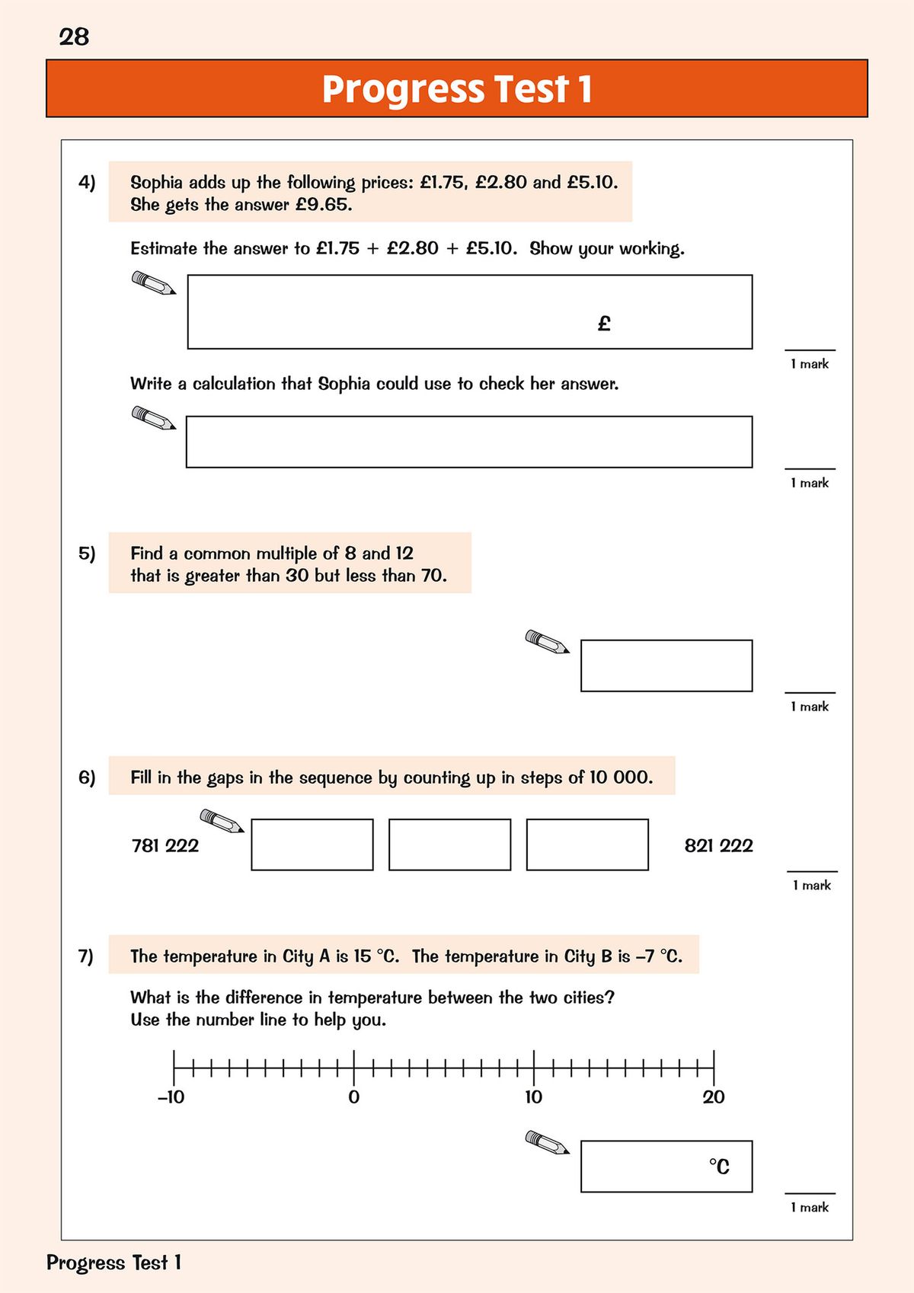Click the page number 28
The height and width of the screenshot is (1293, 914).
74,37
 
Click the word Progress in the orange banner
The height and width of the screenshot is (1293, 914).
403,89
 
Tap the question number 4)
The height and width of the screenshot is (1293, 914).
87,182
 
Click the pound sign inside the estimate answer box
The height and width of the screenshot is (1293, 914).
604,324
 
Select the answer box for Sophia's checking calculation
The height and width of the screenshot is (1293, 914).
468,442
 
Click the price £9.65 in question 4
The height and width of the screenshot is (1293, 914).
323,205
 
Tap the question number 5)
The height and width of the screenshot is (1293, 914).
87,553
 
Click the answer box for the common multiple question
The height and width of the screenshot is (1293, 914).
666,666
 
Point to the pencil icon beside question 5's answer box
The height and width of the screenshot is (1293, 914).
547,642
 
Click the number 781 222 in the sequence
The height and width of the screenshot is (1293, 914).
165,845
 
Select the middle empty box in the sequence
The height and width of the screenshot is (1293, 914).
449,844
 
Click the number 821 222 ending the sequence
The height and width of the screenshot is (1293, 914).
718,845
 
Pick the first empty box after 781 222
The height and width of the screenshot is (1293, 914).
312,844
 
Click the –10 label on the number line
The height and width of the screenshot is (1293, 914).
171,1097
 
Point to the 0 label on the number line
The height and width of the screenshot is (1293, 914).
353,1097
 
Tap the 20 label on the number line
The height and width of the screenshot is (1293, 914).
714,1097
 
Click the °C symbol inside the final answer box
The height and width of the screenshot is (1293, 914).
719,1167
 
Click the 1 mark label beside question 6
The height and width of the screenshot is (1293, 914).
812,885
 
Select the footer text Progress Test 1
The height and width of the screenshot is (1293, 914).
113,1263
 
